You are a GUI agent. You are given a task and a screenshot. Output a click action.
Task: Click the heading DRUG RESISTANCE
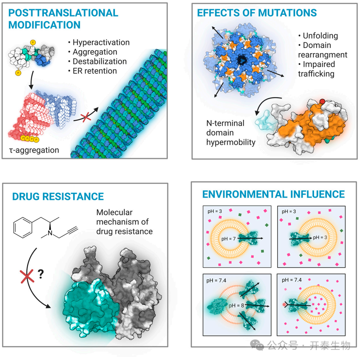58,197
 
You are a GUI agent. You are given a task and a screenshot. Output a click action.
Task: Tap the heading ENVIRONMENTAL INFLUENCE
274,194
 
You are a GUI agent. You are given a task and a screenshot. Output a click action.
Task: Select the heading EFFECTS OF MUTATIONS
257,13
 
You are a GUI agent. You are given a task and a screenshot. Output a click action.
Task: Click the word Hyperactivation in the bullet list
101,43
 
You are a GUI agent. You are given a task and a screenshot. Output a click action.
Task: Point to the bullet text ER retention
95,71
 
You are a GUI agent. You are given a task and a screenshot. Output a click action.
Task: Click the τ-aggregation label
34,150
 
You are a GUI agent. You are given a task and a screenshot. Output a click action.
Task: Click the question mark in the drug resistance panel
41,274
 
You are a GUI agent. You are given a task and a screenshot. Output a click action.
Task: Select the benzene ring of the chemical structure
23,227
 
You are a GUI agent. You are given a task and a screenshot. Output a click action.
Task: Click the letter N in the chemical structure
50,233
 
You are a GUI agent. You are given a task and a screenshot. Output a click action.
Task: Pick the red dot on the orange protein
322,101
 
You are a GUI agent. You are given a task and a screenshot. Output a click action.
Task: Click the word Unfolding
320,36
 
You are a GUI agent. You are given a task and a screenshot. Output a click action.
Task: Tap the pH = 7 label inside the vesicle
228,239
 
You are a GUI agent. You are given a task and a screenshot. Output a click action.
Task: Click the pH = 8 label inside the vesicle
236,305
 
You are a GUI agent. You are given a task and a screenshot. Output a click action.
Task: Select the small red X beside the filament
86,118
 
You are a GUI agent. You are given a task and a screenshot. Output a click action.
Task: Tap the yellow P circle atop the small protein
33,43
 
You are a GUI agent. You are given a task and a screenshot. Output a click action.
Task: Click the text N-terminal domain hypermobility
231,133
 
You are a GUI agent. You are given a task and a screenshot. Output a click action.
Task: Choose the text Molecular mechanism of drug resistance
124,222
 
